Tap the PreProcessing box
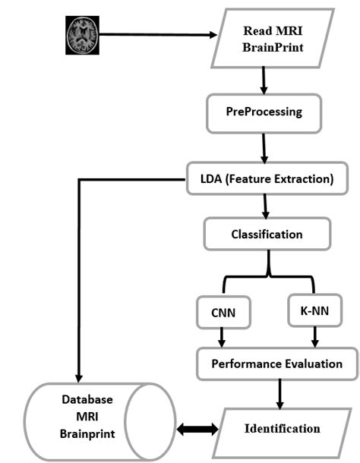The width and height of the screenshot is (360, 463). (264, 112)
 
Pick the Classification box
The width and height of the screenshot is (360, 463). (266, 235)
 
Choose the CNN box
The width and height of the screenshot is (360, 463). (221, 312)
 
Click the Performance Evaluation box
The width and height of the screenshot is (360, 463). (276, 364)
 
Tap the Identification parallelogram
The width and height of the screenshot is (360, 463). (281, 429)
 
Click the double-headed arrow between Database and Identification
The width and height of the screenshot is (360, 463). (197, 430)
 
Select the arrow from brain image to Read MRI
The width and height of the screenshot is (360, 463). (156, 34)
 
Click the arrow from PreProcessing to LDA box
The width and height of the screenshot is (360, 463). (264, 147)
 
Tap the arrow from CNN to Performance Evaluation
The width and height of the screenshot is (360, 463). (221, 335)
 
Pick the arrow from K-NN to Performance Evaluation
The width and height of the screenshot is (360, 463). (315, 335)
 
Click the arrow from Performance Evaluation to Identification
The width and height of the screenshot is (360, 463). (280, 392)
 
